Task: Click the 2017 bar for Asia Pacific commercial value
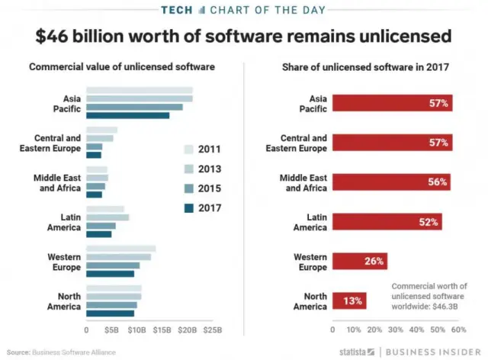point(127,116)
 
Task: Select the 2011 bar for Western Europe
point(120,249)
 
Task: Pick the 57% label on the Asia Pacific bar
point(438,103)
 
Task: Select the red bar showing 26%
point(359,262)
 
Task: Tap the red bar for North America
point(349,301)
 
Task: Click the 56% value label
point(438,182)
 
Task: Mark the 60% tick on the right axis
point(458,330)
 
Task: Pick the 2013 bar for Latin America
point(108,217)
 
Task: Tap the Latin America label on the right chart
point(310,222)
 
